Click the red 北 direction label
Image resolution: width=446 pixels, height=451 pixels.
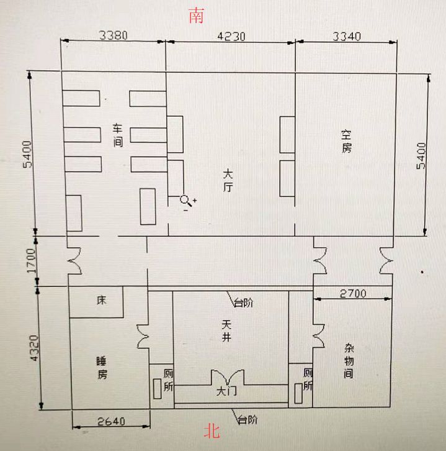click(213, 431)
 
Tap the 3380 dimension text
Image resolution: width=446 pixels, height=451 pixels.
click(113, 35)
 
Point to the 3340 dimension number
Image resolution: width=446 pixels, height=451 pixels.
click(346, 35)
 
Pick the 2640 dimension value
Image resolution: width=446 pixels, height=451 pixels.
click(112, 421)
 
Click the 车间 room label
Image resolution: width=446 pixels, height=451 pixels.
click(117, 135)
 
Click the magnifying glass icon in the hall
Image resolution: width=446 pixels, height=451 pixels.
click(185, 200)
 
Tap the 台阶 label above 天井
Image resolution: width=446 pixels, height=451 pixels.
click(243, 303)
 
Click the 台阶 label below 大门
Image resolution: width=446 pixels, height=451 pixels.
click(246, 419)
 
